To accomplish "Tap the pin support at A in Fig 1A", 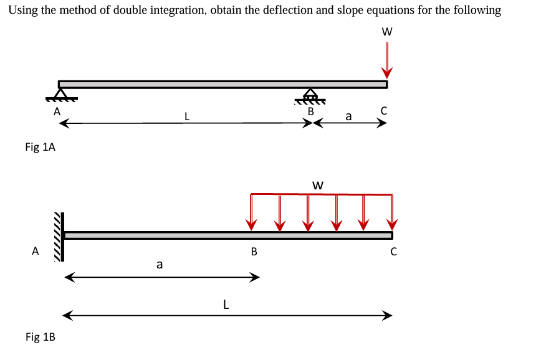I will click(x=61, y=95).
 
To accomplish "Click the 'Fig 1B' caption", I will click(x=40, y=337).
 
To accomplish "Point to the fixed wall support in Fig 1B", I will click(x=60, y=235).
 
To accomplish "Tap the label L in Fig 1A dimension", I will click(x=186, y=115).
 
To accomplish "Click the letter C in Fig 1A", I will click(x=384, y=111).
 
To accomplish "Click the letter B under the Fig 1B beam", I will click(x=254, y=252).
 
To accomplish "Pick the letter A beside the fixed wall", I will click(x=36, y=252).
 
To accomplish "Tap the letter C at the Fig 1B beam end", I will click(x=393, y=252).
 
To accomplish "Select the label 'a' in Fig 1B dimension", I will click(x=160, y=265).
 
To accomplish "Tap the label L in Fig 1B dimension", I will click(x=226, y=305).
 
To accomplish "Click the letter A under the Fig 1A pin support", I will click(x=57, y=112).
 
